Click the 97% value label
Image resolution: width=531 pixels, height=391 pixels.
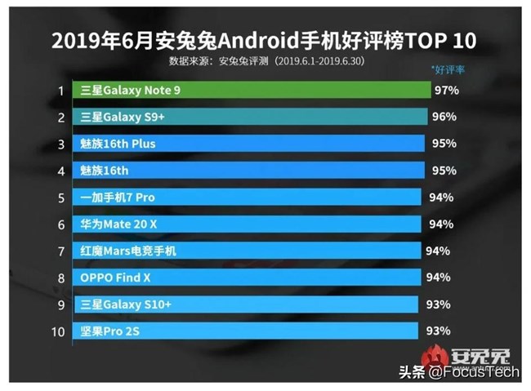(x=448, y=90)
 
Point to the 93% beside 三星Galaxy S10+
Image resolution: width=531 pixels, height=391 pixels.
(x=439, y=304)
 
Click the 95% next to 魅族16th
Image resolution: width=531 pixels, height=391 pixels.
(x=442, y=171)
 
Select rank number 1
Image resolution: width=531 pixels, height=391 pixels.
(x=60, y=90)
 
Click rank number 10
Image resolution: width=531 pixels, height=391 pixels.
(x=59, y=331)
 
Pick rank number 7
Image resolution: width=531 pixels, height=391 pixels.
(x=60, y=251)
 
